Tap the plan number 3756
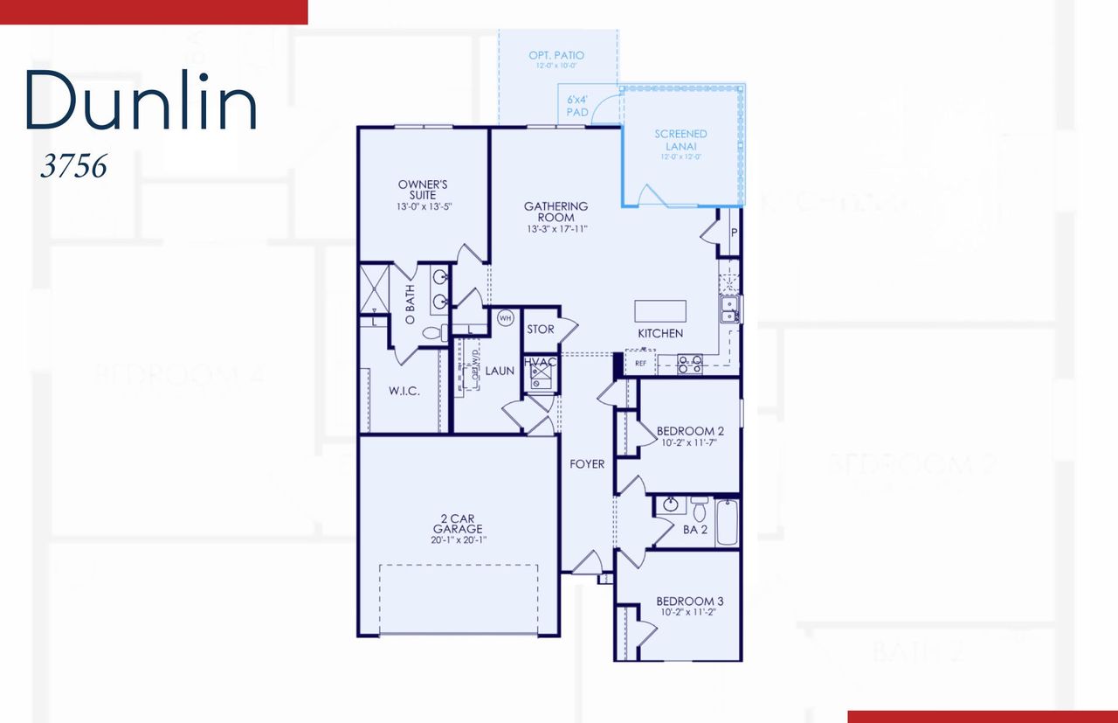click(x=73, y=166)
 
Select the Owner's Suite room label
click(x=423, y=190)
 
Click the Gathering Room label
click(x=556, y=212)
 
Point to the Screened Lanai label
click(x=680, y=140)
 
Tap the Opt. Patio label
click(x=556, y=56)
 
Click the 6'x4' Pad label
click(x=577, y=106)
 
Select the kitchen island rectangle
click(x=660, y=312)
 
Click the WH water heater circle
click(x=505, y=318)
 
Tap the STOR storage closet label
click(x=541, y=330)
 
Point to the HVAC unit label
click(x=540, y=362)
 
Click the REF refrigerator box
click(x=640, y=362)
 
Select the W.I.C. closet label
click(x=404, y=391)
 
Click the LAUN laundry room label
click(x=500, y=371)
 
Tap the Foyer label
click(x=587, y=464)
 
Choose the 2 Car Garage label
click(x=457, y=528)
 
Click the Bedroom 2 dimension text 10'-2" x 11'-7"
click(x=690, y=442)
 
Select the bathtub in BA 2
click(x=727, y=522)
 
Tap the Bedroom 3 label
click(x=689, y=601)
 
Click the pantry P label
click(x=733, y=233)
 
